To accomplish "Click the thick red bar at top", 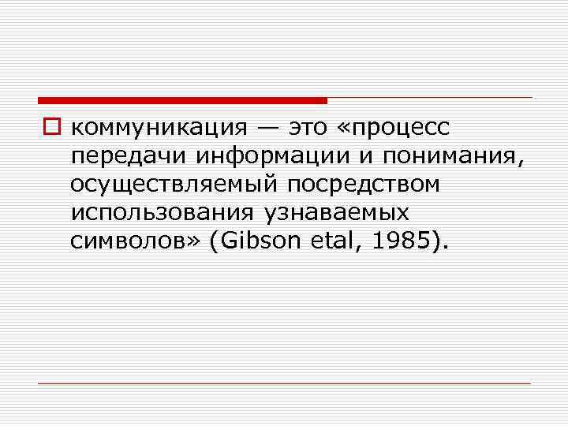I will (x=182, y=100).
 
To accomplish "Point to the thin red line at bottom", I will (x=284, y=383).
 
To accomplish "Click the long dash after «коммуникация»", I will (x=261, y=127).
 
